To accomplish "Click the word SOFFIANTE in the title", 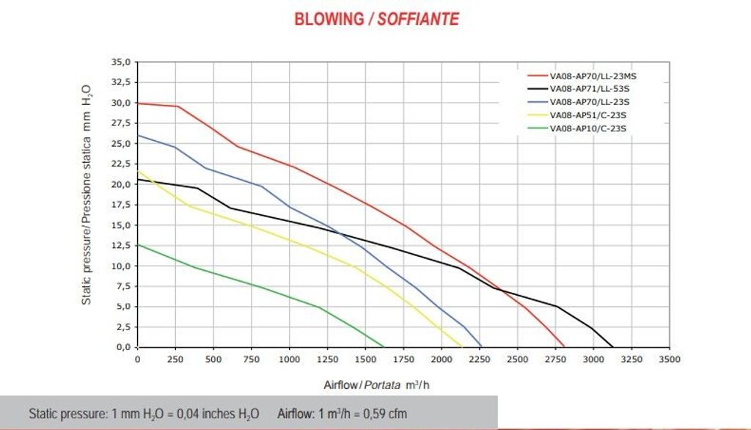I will point(418,19).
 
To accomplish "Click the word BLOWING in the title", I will point(329,19).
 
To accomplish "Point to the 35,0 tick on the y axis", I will point(120,62).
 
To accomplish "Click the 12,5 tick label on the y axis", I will point(120,245).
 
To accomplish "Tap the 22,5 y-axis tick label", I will point(120,164).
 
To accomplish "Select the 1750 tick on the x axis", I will point(403,359).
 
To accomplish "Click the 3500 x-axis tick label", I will point(669,359).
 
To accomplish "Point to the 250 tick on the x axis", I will point(175,359).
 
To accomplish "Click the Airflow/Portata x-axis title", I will point(381,385).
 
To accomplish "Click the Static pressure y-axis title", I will point(87,194).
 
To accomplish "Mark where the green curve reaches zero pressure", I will point(384,346).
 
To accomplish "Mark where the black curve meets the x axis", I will point(613,346).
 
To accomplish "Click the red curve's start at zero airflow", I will point(138,103).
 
